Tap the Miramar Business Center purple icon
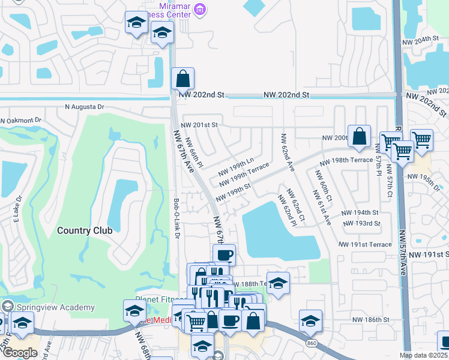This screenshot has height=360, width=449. tap(202, 8)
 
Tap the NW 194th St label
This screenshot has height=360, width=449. tap(360, 213)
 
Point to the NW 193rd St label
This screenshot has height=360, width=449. tap(361, 223)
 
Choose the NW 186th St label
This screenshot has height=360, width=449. tap(371, 320)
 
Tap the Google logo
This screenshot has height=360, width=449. tap(20, 353)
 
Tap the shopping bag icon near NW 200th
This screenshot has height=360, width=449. tap(359, 137)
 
